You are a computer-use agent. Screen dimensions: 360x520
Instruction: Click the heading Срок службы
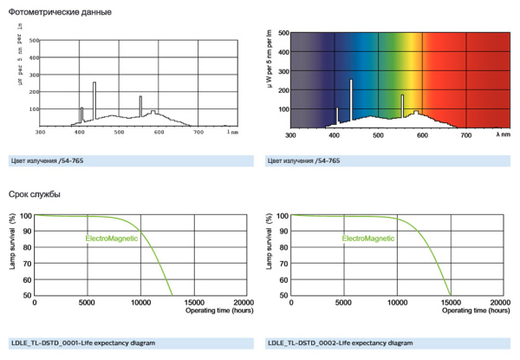pyautogui.click(x=34, y=193)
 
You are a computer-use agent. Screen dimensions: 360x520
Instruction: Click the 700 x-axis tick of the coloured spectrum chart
pyautogui.click(x=465, y=134)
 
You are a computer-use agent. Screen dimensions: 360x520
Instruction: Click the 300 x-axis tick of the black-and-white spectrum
pyautogui.click(x=40, y=133)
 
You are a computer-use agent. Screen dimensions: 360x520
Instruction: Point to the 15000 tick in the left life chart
pyautogui.click(x=194, y=302)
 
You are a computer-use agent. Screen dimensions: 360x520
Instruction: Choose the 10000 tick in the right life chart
pyautogui.click(x=397, y=302)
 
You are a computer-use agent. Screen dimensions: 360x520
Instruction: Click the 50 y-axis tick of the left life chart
pyautogui.click(x=27, y=295)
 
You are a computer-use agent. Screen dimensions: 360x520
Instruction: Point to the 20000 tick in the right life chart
pyautogui.click(x=500, y=302)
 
